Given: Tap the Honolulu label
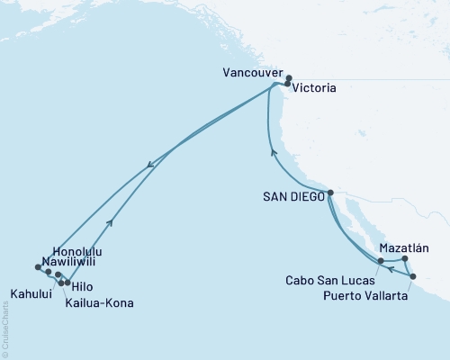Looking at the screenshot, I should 77,250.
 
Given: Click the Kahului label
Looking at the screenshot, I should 31,292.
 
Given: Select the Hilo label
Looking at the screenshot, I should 81,286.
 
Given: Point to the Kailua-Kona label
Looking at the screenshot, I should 100,303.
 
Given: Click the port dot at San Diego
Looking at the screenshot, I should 331,193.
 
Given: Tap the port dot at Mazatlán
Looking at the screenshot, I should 405,259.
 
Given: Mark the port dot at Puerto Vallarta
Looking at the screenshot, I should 413,276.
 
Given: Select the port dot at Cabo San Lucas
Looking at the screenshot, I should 382,261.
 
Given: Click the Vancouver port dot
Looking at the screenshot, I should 289,78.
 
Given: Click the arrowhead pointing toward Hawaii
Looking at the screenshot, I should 149,164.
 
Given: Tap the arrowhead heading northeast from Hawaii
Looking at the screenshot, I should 110,222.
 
